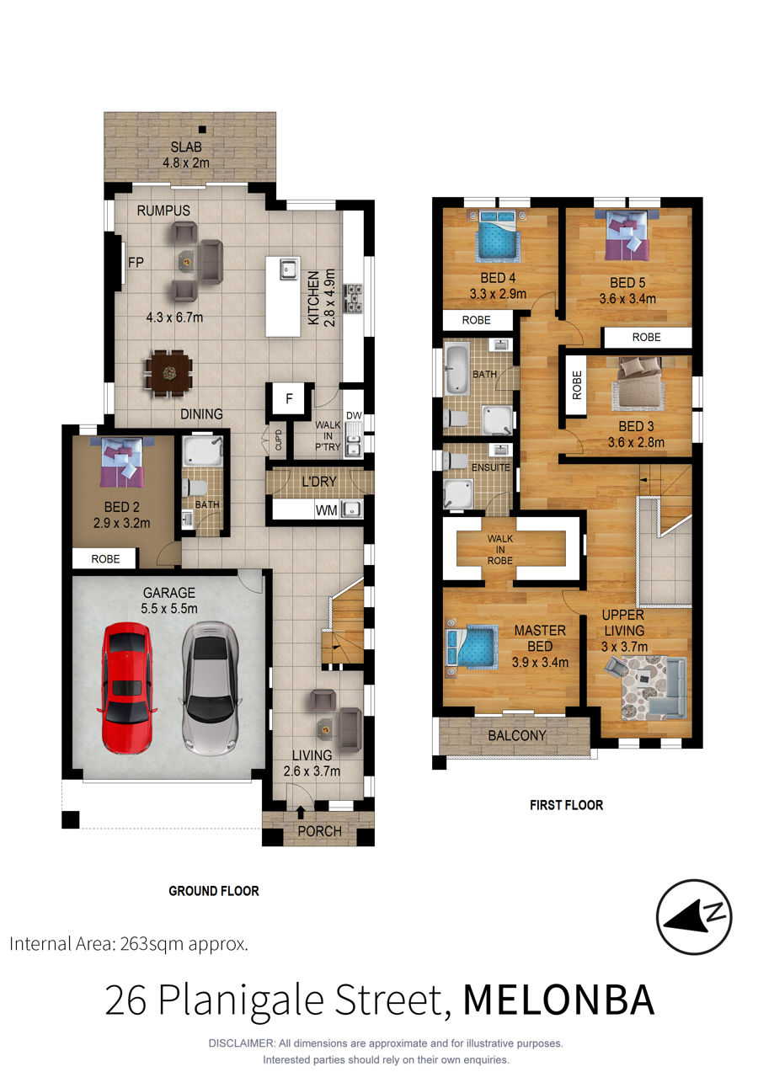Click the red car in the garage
tap(127, 688)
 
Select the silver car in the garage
tap(211, 688)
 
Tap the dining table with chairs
tap(169, 373)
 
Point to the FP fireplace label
tap(136, 262)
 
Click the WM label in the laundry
tap(326, 510)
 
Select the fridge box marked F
tap(289, 398)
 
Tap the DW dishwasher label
tap(354, 415)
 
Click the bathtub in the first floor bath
tap(456, 370)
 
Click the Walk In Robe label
tap(500, 549)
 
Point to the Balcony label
tap(517, 735)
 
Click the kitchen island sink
tap(289, 269)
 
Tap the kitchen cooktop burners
tap(355, 299)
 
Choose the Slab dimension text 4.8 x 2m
tap(186, 163)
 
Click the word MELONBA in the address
tap(558, 1000)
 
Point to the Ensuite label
tap(491, 467)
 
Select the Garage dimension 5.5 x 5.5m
tap(169, 608)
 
